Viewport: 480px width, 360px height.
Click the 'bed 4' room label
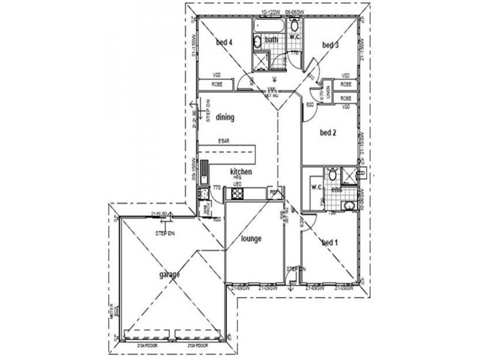coord(224,42)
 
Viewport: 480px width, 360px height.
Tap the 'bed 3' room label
coord(331,45)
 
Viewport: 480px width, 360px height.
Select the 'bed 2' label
coord(328,133)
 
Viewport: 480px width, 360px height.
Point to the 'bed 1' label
coord(329,242)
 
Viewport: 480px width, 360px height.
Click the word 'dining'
coord(225,118)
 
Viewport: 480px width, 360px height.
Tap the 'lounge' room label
coord(251,238)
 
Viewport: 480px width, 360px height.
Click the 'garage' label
coord(169,275)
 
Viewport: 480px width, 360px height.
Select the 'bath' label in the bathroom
coord(272,40)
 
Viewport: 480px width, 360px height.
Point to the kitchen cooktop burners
coord(237,194)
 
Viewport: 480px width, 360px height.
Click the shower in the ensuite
coord(348,175)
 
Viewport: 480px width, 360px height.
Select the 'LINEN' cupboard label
coord(328,93)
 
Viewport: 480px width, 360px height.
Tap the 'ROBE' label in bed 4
coord(217,85)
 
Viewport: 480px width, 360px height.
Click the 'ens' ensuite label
coord(337,190)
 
